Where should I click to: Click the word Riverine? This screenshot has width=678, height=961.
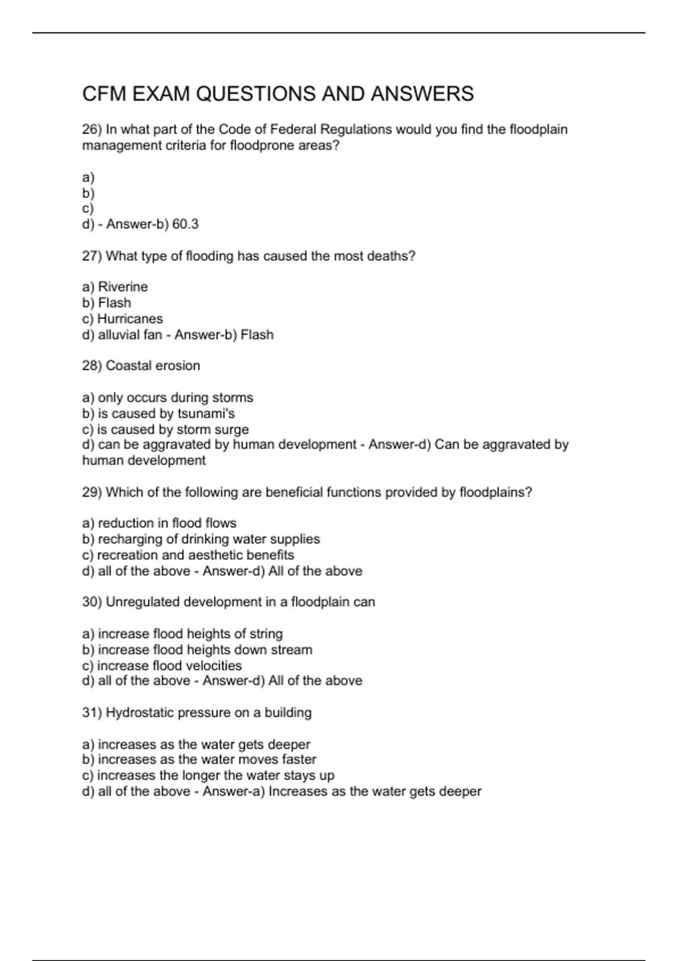pos(123,287)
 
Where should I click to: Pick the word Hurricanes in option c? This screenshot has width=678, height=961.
pos(130,319)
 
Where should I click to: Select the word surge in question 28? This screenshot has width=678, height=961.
pos(232,430)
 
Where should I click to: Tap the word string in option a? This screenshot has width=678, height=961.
pos(266,634)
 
